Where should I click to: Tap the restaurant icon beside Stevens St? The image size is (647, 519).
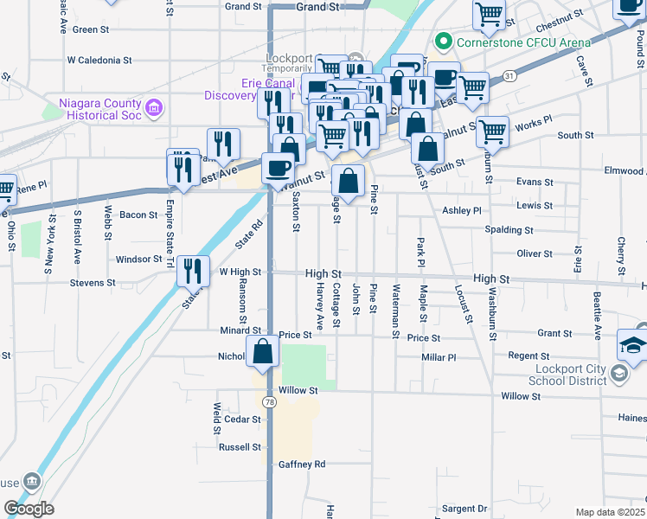192,272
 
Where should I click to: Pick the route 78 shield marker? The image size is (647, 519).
271,402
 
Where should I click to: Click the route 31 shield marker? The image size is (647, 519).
510,75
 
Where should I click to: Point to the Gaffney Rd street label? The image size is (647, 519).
302,465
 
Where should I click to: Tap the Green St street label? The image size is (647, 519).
90,29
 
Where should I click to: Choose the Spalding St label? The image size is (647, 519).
509,230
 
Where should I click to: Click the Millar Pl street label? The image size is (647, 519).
439,357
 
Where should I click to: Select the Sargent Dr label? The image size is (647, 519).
465,509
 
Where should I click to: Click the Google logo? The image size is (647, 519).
29,509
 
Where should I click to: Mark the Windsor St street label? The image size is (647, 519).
139,259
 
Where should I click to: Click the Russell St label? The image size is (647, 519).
240,447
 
